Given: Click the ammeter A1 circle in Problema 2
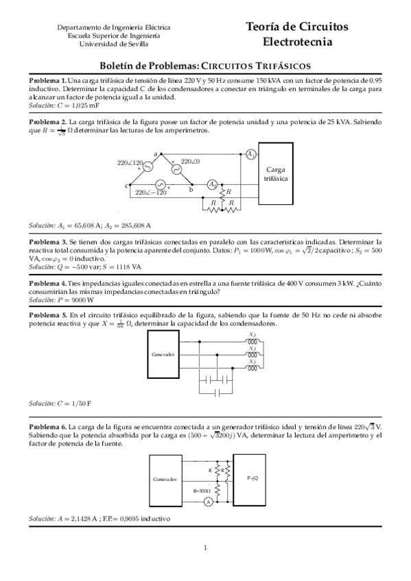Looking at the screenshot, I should click(x=251, y=153).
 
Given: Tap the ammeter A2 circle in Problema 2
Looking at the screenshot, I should click(x=213, y=184).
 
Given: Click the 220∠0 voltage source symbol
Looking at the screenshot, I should click(x=174, y=169).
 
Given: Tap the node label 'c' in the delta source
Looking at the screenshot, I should click(x=126, y=185).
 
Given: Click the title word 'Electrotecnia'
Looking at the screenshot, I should click(x=297, y=42).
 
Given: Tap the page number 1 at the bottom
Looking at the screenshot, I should click(x=205, y=547).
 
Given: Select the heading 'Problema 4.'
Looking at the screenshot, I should click(x=47, y=283).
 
